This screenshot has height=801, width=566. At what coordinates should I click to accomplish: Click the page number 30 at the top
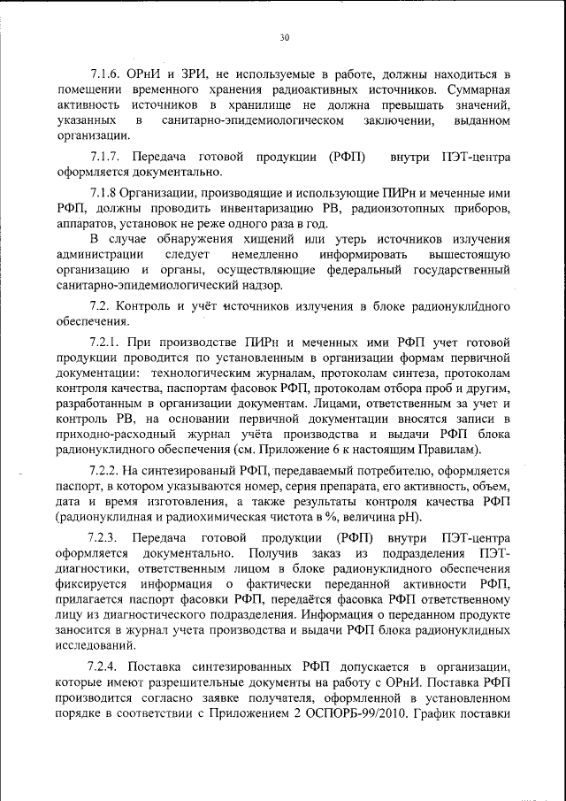click(x=283, y=37)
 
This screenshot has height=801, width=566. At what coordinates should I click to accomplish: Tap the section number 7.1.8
click(x=106, y=192)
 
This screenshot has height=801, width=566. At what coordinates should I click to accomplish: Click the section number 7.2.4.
click(x=106, y=665)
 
